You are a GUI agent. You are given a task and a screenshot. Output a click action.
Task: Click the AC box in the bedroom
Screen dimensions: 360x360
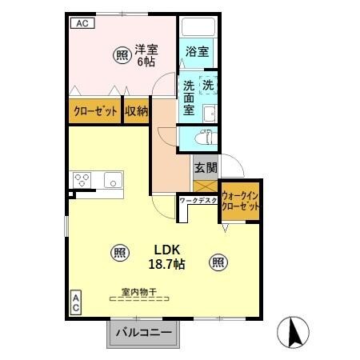coord(81,23)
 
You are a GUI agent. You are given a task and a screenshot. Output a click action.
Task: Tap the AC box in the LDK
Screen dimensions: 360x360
coord(76,302)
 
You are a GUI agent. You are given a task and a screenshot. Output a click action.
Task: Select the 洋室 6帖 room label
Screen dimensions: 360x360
coord(146,54)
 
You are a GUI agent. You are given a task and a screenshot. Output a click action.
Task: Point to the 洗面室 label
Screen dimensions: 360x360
coord(188,98)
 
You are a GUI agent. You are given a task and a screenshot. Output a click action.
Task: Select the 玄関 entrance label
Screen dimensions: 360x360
coord(205,168)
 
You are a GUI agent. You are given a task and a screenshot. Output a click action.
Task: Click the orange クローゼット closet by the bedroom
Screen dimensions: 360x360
coord(94,111)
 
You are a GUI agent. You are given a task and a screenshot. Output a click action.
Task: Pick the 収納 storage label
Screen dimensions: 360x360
coord(136,111)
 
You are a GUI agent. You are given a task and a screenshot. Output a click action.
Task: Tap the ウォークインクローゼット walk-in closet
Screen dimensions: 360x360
coord(242,200)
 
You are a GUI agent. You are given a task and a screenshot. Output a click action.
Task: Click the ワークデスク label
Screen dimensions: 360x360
coord(198,200)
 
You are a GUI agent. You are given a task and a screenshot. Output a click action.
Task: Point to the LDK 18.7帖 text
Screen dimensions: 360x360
coord(167,257)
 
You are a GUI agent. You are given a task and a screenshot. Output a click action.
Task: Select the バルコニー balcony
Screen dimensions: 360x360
coord(142,332)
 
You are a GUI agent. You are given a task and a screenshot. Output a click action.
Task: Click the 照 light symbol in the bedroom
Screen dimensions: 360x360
coord(122,55)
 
